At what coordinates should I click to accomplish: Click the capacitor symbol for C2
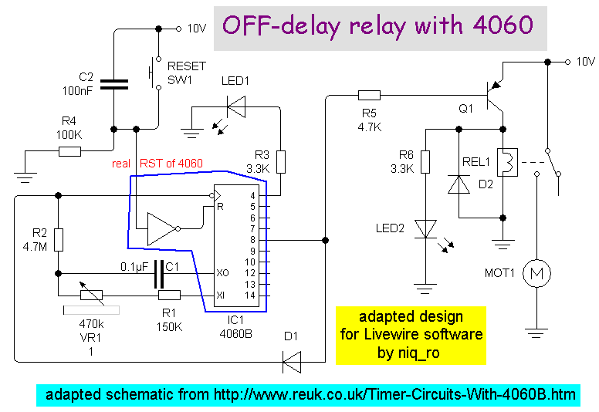[x=113, y=83]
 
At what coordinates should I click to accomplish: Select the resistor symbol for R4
[x=70, y=152]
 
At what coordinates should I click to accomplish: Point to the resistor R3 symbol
[x=281, y=162]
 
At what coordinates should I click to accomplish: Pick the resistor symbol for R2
[x=57, y=240]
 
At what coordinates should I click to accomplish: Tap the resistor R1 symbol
[x=169, y=295]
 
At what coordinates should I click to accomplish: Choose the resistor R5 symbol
[x=370, y=96]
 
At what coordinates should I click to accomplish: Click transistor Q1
[x=495, y=96]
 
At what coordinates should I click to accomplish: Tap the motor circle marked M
[x=535, y=272]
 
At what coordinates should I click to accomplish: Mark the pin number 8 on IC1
[x=252, y=240]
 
